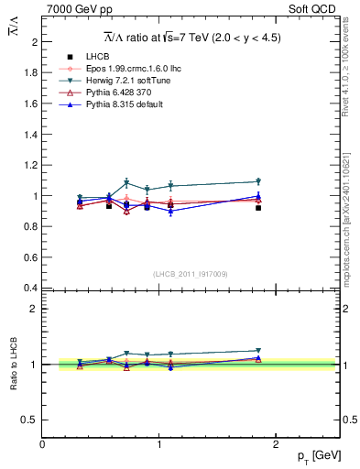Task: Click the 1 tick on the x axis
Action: coord(161,444)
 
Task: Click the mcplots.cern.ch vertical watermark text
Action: coord(345,220)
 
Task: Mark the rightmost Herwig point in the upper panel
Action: coord(258,181)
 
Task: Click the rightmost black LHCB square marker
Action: coord(258,208)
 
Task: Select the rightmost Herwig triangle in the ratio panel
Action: coord(258,350)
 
